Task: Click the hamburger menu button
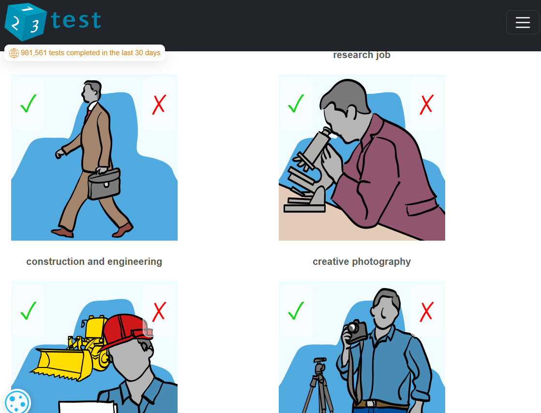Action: pyautogui.click(x=523, y=22)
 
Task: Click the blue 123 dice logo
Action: pyautogui.click(x=25, y=22)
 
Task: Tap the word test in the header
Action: pyautogui.click(x=76, y=20)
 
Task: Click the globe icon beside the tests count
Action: pyautogui.click(x=14, y=53)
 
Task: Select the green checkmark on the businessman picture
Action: pyautogui.click(x=29, y=104)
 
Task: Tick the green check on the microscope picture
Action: pyautogui.click(x=296, y=104)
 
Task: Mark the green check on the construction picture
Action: pyautogui.click(x=29, y=311)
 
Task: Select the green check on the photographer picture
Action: pyautogui.click(x=296, y=311)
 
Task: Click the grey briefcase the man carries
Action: pyautogui.click(x=104, y=184)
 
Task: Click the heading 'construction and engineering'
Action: pyautogui.click(x=94, y=262)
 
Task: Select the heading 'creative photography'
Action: pyautogui.click(x=361, y=262)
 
